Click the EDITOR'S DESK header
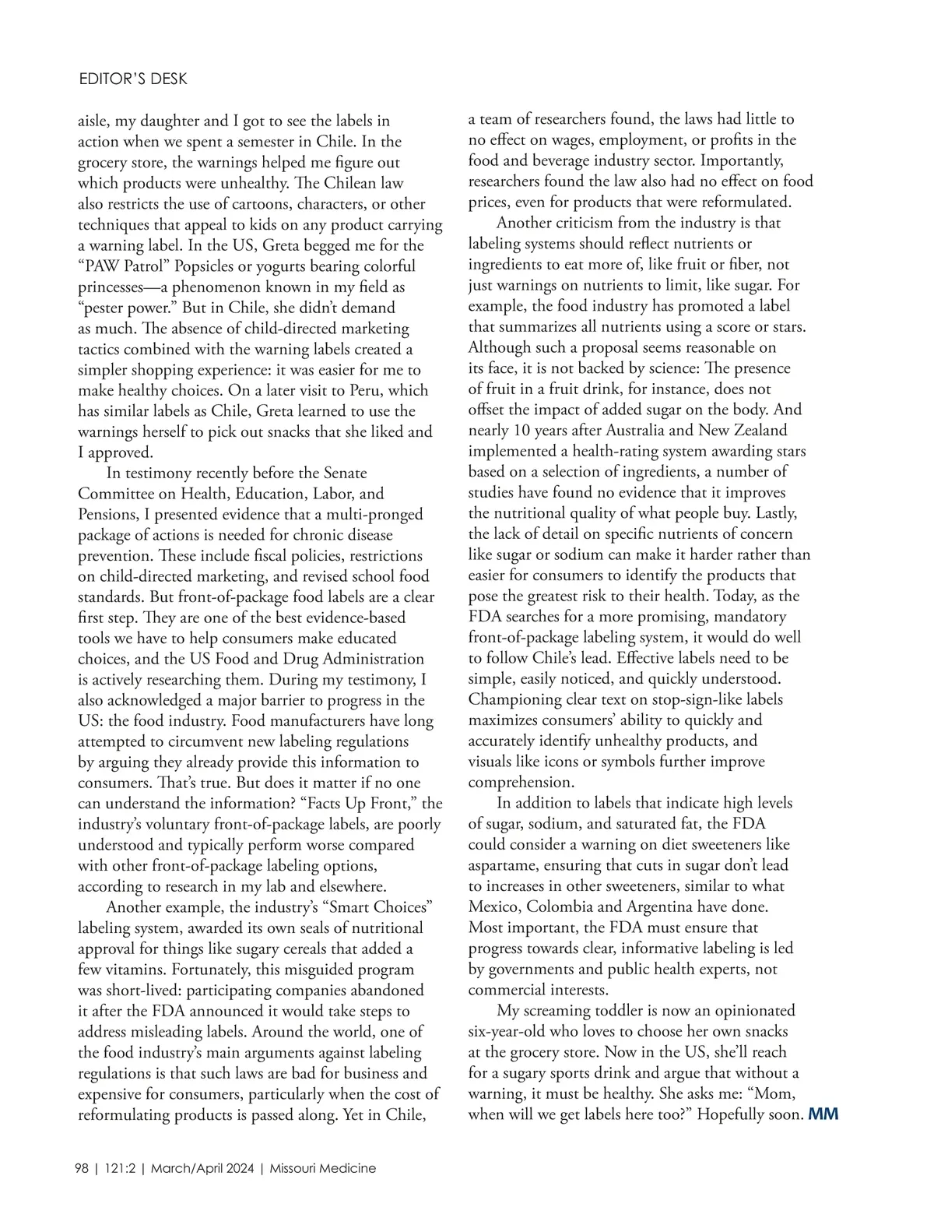click(x=133, y=79)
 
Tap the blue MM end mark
click(x=823, y=1114)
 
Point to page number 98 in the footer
click(x=82, y=1168)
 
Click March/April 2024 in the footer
click(x=202, y=1168)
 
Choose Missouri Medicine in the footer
click(x=323, y=1168)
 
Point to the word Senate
click(x=346, y=473)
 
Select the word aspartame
click(x=503, y=865)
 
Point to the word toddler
click(x=622, y=1010)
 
